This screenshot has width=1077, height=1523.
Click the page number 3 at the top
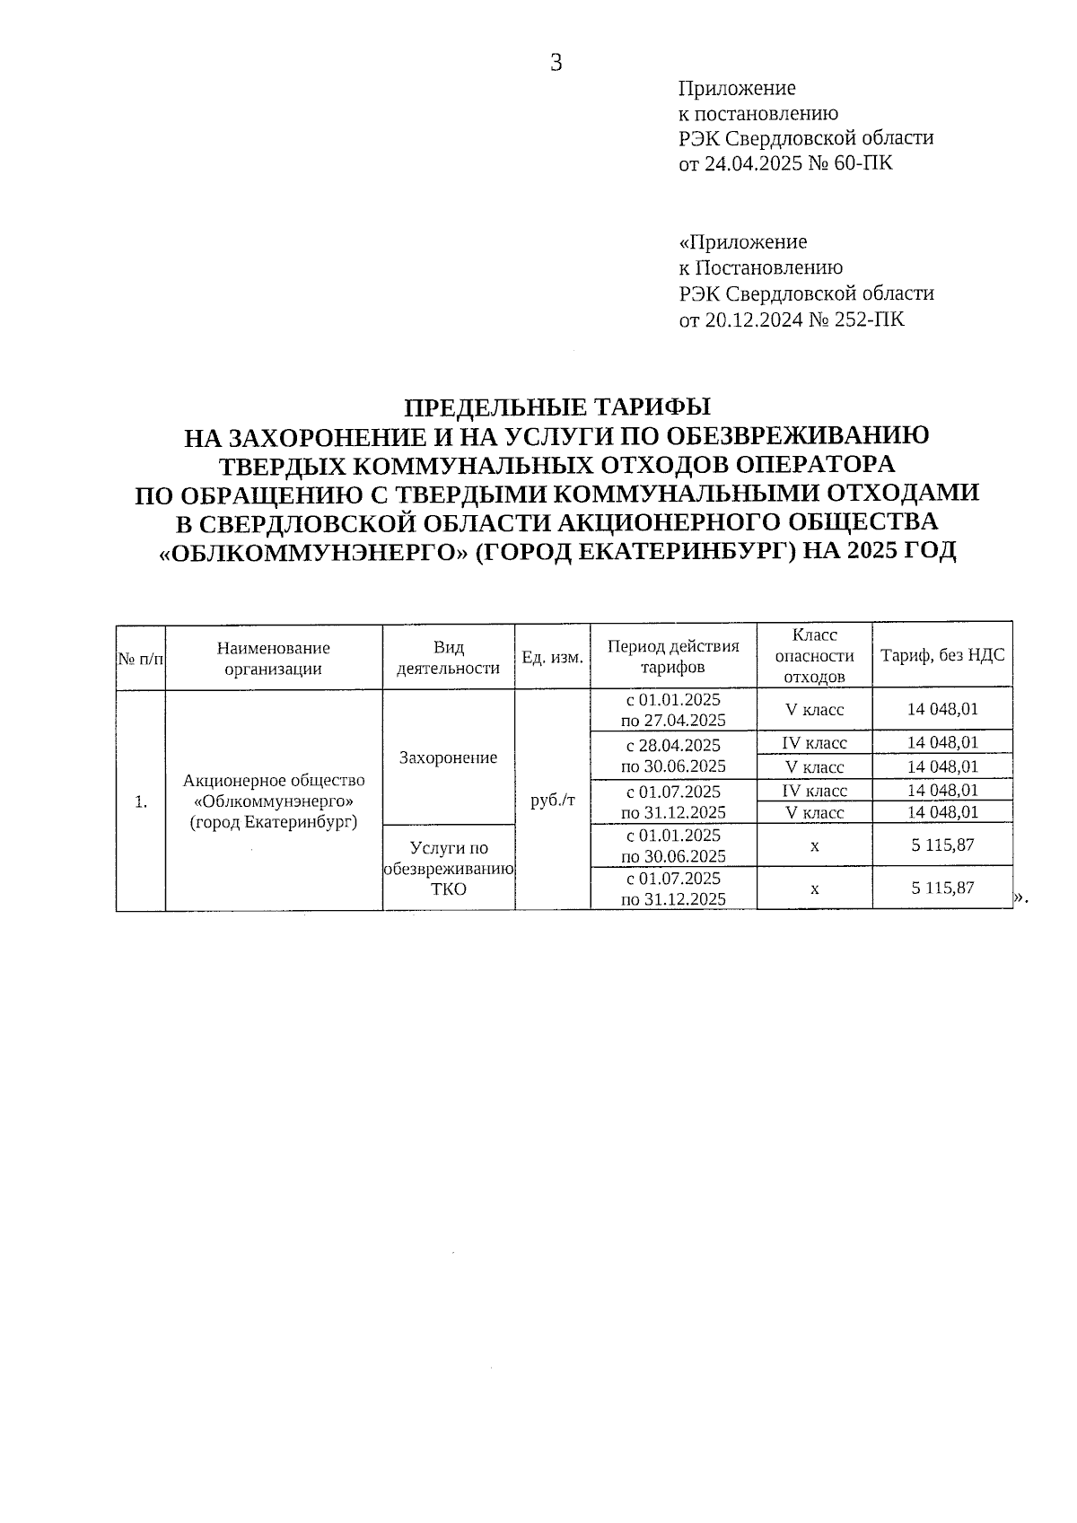pyautogui.click(x=556, y=63)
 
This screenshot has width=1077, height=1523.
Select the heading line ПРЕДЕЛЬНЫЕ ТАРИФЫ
pyautogui.click(x=556, y=407)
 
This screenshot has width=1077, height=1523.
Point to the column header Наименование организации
pyautogui.click(x=274, y=657)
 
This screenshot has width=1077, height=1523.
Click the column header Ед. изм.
pyautogui.click(x=553, y=657)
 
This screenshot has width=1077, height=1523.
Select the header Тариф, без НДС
pyautogui.click(x=942, y=655)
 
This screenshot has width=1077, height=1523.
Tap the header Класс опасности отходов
pyautogui.click(x=814, y=656)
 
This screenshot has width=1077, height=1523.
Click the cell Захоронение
pyautogui.click(x=448, y=757)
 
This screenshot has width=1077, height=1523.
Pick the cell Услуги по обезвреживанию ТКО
pyautogui.click(x=448, y=868)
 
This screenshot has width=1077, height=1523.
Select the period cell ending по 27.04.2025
pyautogui.click(x=673, y=709)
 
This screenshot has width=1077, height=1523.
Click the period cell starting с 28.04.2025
pyautogui.click(x=673, y=755)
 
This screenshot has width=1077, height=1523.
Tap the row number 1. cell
pyautogui.click(x=141, y=801)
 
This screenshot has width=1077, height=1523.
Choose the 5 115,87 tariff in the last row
pyautogui.click(x=942, y=888)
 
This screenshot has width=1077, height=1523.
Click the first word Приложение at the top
pyautogui.click(x=737, y=88)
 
